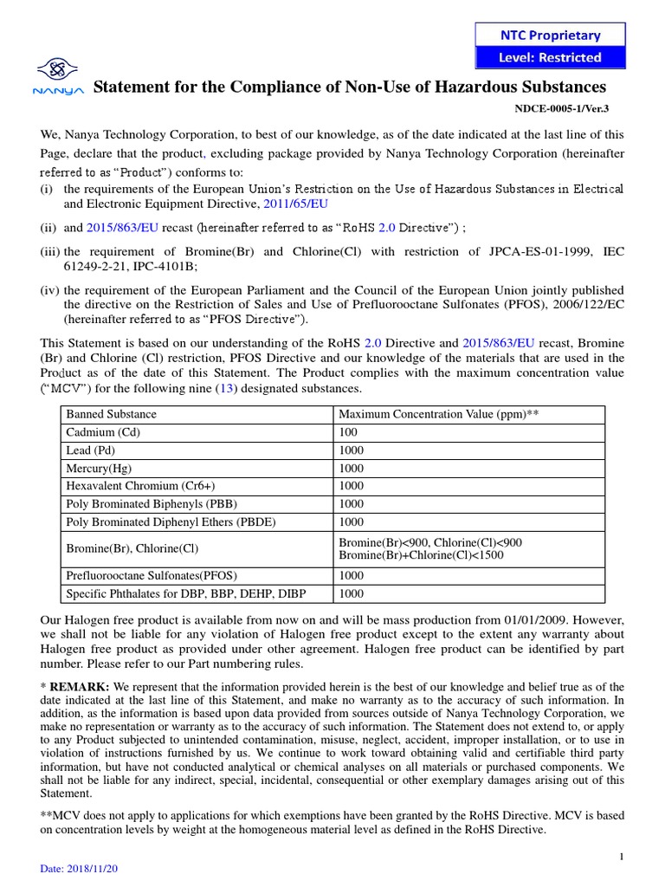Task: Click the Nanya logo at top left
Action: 57,75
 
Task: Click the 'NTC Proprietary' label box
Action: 551,35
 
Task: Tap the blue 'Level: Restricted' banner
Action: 551,57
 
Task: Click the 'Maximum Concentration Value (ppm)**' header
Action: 438,414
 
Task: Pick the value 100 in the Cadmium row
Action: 348,432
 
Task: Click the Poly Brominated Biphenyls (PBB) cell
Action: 152,503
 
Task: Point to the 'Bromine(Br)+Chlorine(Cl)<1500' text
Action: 421,554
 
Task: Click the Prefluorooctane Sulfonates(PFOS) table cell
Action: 152,575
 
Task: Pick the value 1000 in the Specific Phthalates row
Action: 351,593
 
